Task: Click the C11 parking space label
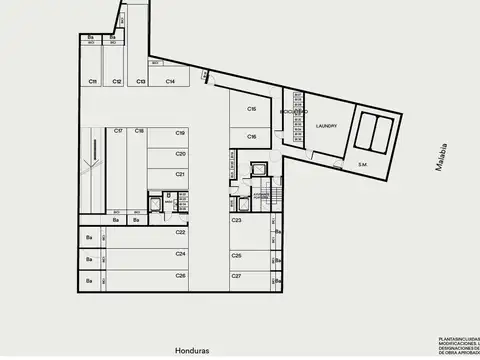tap(92, 81)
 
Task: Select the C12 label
tap(117, 81)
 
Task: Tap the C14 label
tap(171, 81)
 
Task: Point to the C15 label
tap(252, 109)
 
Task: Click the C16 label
tap(252, 136)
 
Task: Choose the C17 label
tap(118, 131)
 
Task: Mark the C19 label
tap(181, 132)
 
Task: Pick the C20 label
tap(181, 153)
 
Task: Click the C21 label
tap(181, 174)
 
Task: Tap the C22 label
tap(181, 232)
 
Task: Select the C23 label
tap(237, 219)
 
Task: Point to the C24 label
tap(181, 253)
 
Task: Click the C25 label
tap(237, 255)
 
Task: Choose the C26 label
tap(181, 274)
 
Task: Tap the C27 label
tap(237, 274)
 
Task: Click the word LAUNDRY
tap(326, 126)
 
